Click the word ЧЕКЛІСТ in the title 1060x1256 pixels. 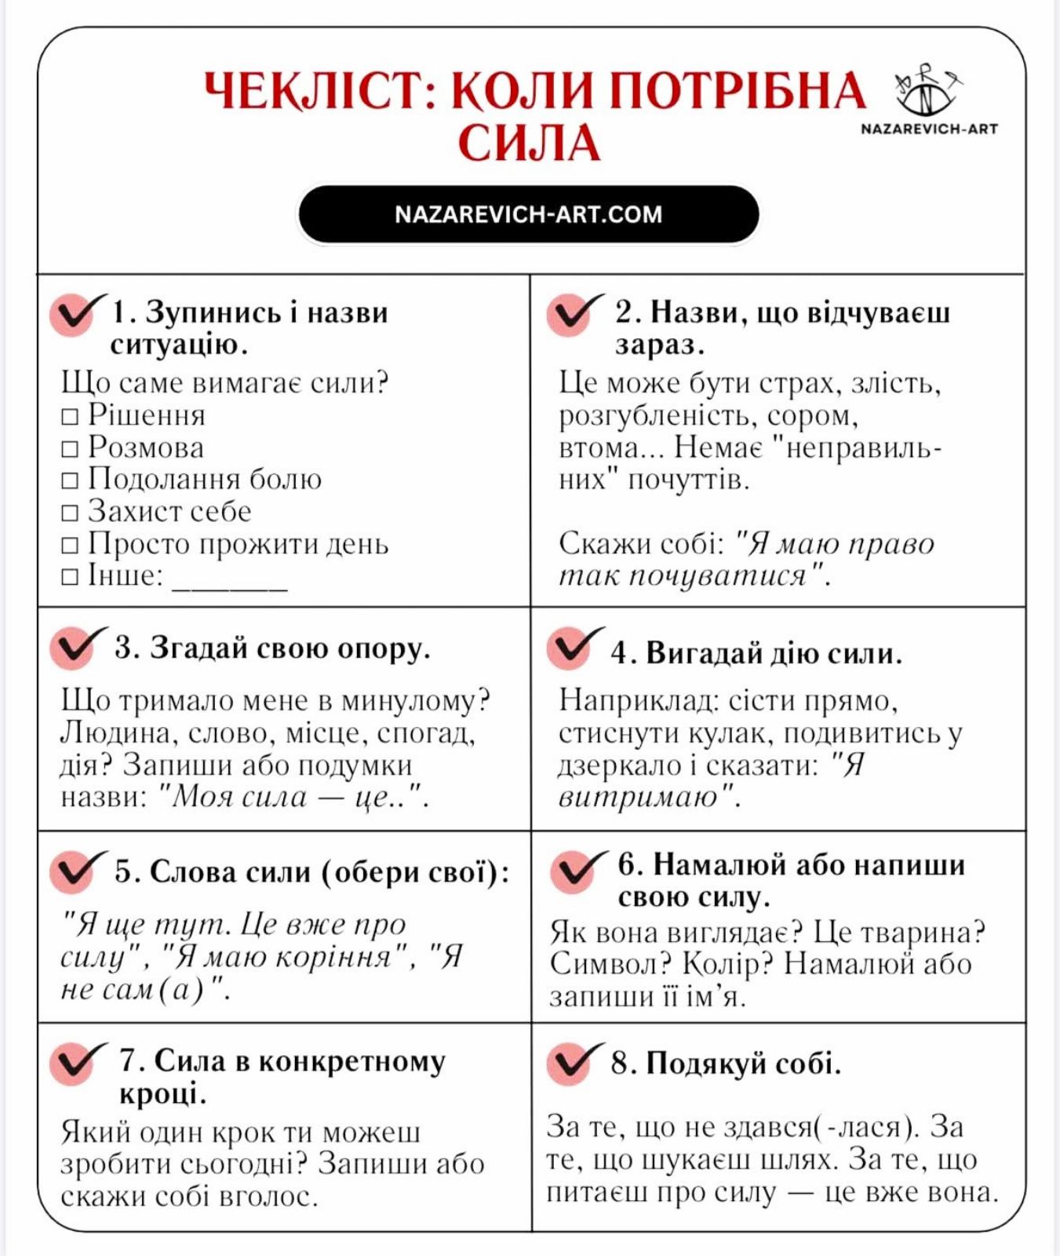pyautogui.click(x=314, y=91)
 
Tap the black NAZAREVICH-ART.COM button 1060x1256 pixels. pyautogui.click(x=528, y=214)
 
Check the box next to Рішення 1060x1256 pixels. pyautogui.click(x=70, y=417)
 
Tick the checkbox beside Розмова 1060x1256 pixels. pyautogui.click(x=70, y=449)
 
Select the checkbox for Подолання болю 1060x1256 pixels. pyautogui.click(x=70, y=480)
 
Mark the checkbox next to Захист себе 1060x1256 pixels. pyautogui.click(x=70, y=513)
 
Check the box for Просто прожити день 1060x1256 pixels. pyautogui.click(x=70, y=545)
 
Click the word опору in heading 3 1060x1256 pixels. pyautogui.click(x=384, y=649)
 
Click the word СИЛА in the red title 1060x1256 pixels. pyautogui.click(x=529, y=144)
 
